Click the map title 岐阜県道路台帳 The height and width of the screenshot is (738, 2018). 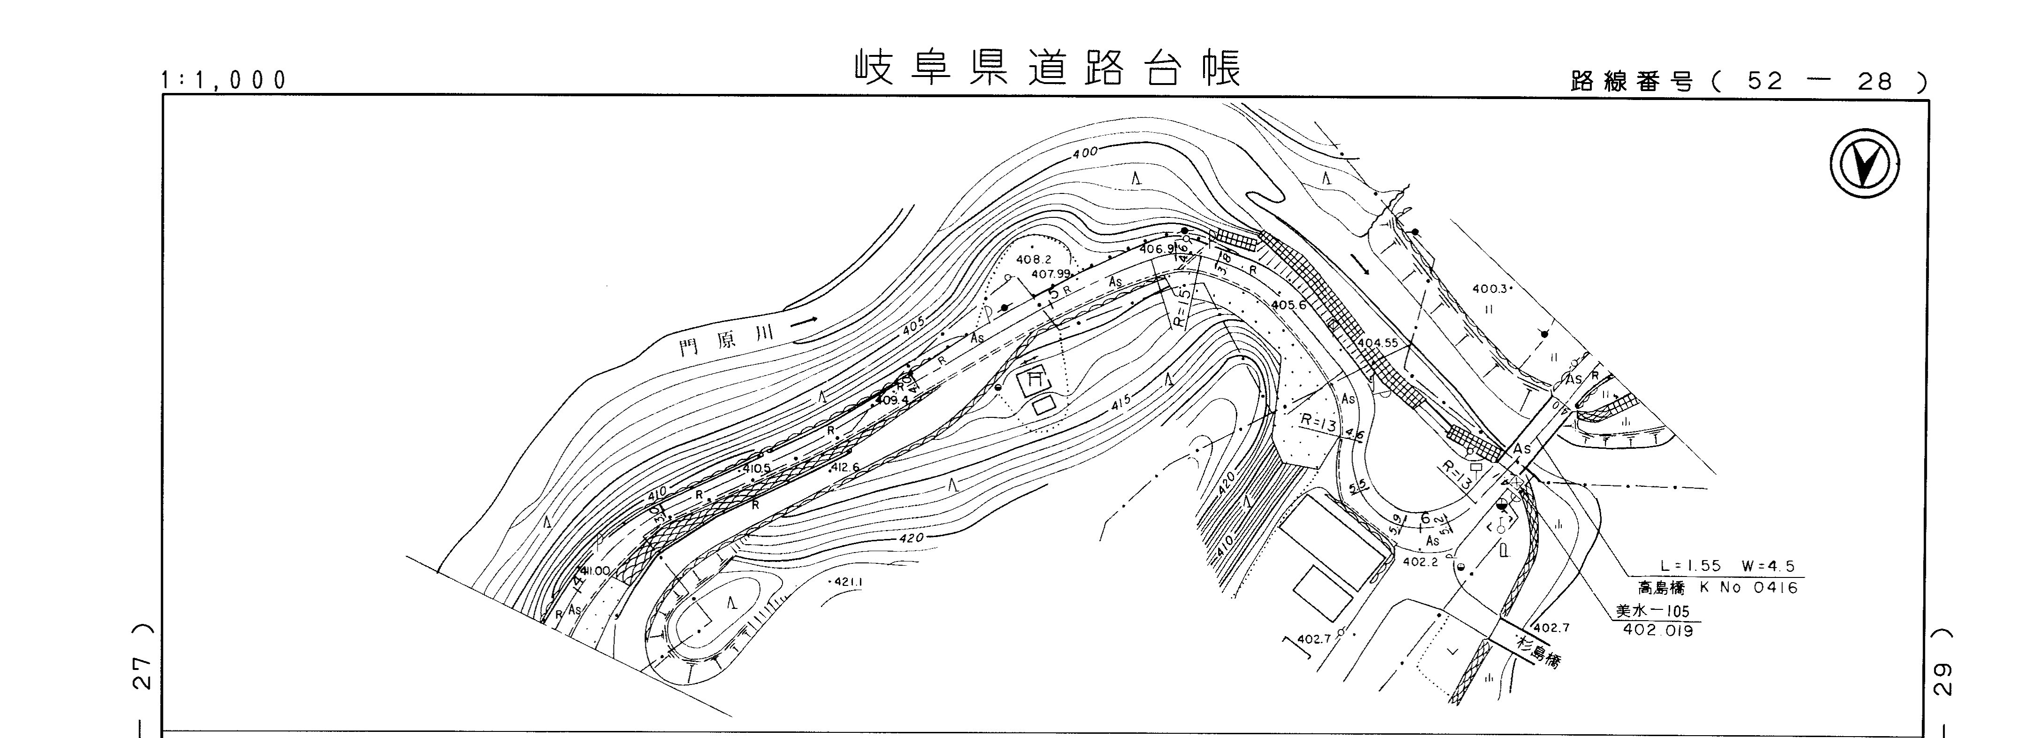pos(1047,69)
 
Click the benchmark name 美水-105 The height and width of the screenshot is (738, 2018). pos(1652,611)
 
